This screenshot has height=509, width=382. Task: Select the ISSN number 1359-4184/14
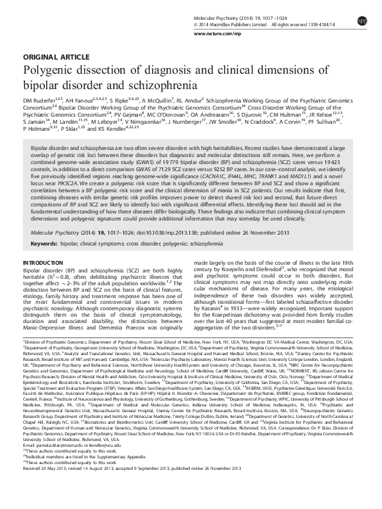tap(327, 25)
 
